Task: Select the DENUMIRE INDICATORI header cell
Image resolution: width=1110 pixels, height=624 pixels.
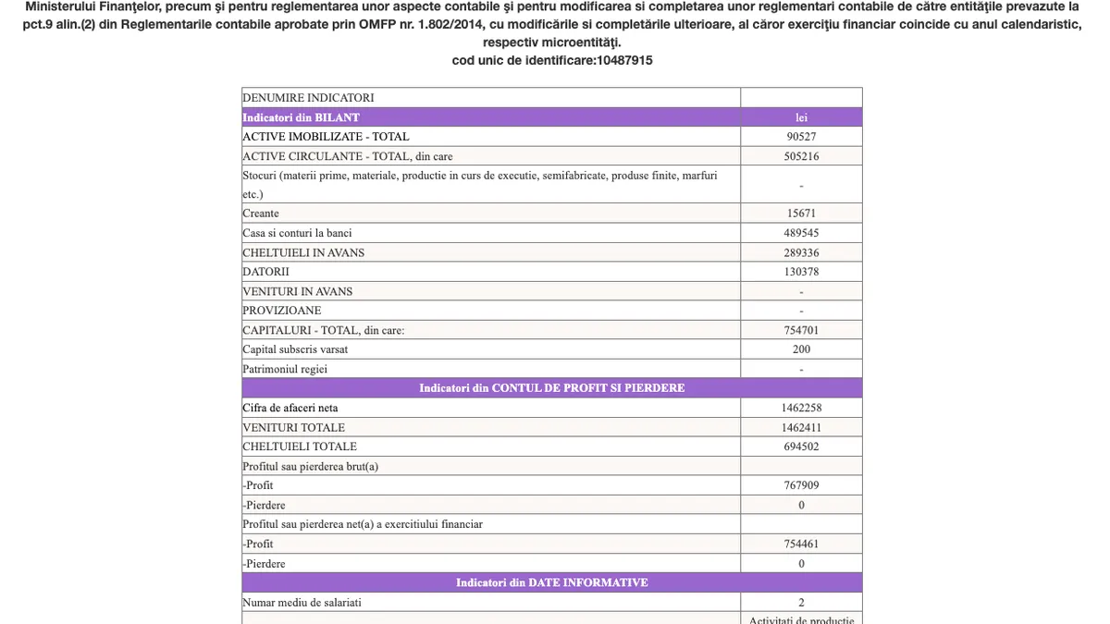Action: pos(308,97)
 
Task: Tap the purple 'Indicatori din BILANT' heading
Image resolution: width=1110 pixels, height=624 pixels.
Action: pos(302,117)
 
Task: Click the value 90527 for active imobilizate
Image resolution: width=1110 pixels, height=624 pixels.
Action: pos(801,137)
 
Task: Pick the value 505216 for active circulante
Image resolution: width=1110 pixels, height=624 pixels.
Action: pos(801,156)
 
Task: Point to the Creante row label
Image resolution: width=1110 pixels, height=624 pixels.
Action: pos(261,214)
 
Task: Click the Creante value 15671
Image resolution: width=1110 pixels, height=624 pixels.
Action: pos(801,214)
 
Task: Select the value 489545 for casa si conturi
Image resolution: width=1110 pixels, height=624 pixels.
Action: pos(801,233)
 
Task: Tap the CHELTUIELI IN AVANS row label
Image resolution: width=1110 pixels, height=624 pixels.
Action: pos(303,252)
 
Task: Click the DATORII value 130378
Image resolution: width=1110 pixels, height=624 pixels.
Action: pos(801,272)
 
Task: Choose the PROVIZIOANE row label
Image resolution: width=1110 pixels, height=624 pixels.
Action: pos(282,311)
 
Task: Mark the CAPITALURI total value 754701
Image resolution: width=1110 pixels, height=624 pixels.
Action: pos(801,330)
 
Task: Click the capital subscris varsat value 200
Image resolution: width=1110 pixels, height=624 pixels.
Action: pos(801,349)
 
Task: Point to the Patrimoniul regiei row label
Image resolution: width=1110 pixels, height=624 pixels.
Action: pos(285,369)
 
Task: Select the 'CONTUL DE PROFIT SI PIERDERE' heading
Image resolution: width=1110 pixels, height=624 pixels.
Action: pos(551,388)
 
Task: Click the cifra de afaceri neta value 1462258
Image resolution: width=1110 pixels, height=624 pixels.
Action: pos(801,408)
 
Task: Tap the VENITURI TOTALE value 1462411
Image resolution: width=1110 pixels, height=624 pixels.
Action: pos(801,427)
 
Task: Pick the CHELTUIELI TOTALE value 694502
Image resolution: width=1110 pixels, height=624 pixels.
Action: pos(801,447)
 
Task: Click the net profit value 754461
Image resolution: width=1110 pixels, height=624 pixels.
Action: pos(801,544)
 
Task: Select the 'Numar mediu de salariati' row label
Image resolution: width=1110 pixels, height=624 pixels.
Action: pos(302,603)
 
